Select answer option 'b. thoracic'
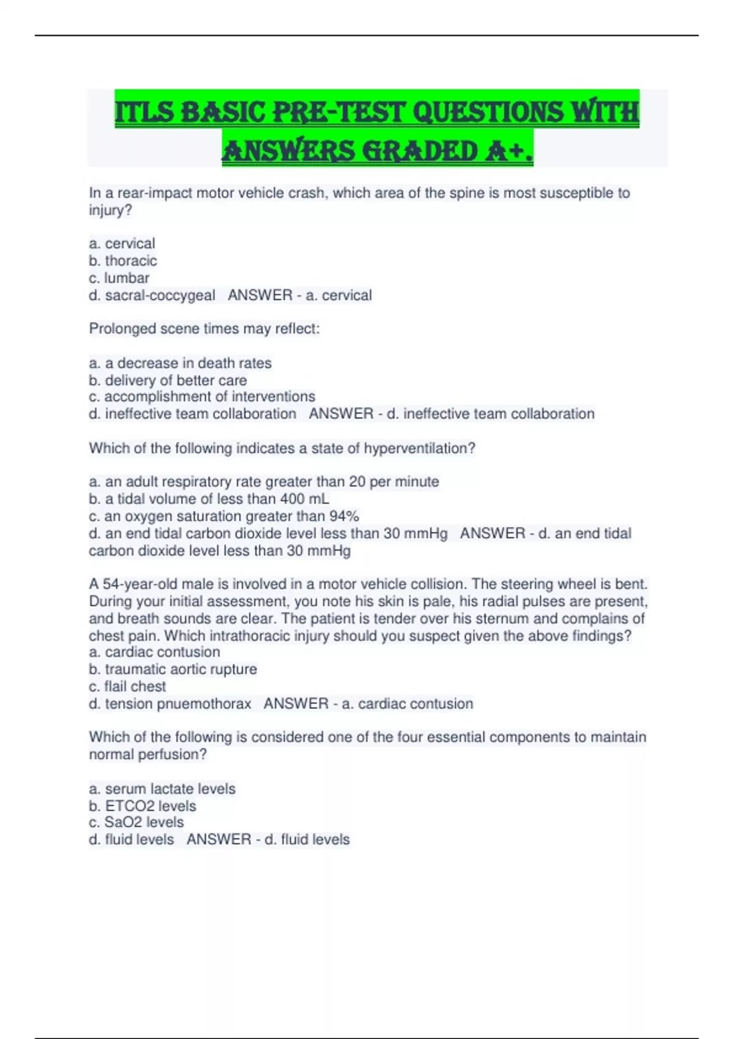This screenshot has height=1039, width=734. point(123,261)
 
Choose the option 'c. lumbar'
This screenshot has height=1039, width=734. point(119,278)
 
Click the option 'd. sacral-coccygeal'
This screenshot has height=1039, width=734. point(152,295)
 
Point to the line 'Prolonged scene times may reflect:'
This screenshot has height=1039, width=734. point(204,329)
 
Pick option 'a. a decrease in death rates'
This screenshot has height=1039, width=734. point(180,363)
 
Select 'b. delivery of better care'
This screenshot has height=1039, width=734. point(168,380)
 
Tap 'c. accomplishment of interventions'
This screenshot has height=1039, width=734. point(202,397)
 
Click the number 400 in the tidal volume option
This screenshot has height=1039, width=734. point(292,499)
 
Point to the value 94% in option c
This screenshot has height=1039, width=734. point(343,516)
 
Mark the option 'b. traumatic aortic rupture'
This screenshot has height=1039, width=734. point(173,669)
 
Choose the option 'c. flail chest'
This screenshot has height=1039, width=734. point(127,686)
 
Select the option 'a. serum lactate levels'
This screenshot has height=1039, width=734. point(162,788)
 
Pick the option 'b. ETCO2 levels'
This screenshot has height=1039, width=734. point(143,806)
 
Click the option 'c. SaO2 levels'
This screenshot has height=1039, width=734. point(136,822)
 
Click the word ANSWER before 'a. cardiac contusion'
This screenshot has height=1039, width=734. point(296,703)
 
